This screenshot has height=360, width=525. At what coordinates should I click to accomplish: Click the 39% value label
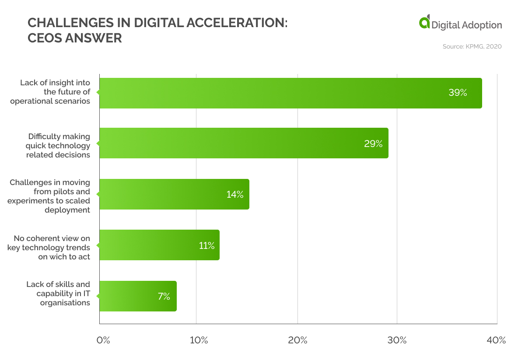(x=458, y=93)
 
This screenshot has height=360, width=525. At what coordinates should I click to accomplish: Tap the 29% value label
(x=373, y=143)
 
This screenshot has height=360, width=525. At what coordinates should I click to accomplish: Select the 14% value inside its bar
(x=234, y=195)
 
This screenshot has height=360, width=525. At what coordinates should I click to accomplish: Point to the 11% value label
(x=206, y=246)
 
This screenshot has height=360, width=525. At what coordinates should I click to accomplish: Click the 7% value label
(x=164, y=297)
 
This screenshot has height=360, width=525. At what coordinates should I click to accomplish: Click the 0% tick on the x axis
(x=103, y=340)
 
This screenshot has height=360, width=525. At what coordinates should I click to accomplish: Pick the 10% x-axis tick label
(x=199, y=340)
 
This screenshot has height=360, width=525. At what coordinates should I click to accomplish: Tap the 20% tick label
(x=298, y=340)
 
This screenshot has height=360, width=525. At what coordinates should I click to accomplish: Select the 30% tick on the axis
(x=397, y=340)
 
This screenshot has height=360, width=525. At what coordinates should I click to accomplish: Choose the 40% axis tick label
(x=496, y=340)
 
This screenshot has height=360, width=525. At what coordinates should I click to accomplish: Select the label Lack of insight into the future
(x=55, y=92)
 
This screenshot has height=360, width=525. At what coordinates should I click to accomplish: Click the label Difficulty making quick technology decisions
(x=59, y=145)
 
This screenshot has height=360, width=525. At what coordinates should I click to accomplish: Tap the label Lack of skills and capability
(x=58, y=294)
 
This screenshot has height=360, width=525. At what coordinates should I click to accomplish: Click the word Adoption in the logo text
(x=481, y=25)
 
